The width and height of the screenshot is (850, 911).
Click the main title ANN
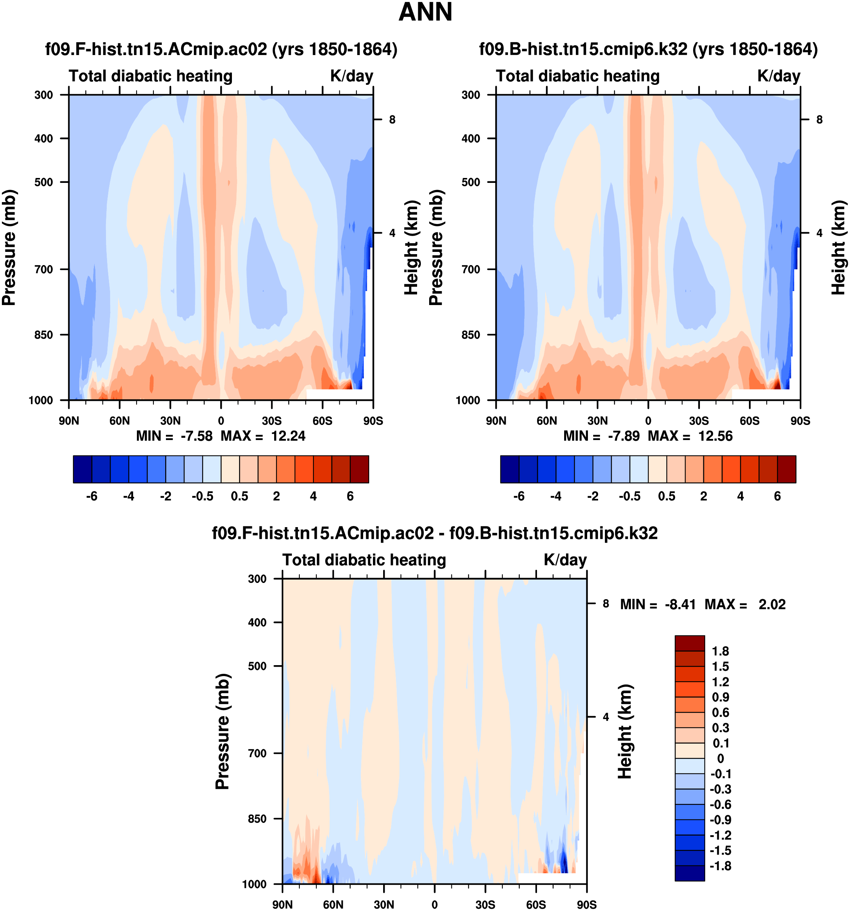coord(425,12)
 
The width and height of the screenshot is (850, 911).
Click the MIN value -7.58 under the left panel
coord(196,436)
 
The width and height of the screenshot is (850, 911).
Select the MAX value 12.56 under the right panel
coord(715,436)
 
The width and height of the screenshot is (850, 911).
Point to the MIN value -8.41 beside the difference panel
coord(680,604)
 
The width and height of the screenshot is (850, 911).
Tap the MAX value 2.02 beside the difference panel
coord(772,604)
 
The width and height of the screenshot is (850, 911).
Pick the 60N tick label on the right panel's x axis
coord(547,421)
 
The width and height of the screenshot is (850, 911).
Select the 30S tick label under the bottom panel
coord(485,905)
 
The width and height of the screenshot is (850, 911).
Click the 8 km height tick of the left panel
coord(392,120)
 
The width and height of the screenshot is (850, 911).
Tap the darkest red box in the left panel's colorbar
coord(359,469)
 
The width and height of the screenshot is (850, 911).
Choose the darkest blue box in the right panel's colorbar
coord(509,469)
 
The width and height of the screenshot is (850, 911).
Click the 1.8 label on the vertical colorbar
coord(720,651)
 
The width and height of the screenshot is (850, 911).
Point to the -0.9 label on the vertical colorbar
coord(720,820)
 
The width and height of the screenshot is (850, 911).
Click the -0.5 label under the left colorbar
coord(203,496)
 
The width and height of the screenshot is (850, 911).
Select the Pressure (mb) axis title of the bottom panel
coord(222,732)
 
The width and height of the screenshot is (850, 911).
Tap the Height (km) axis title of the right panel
coord(839,247)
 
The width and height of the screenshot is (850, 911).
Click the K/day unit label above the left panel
coord(351,76)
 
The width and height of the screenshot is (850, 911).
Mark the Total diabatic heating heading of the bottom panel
coord(364,560)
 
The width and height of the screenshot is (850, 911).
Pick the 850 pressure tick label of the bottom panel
coord(257,819)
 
